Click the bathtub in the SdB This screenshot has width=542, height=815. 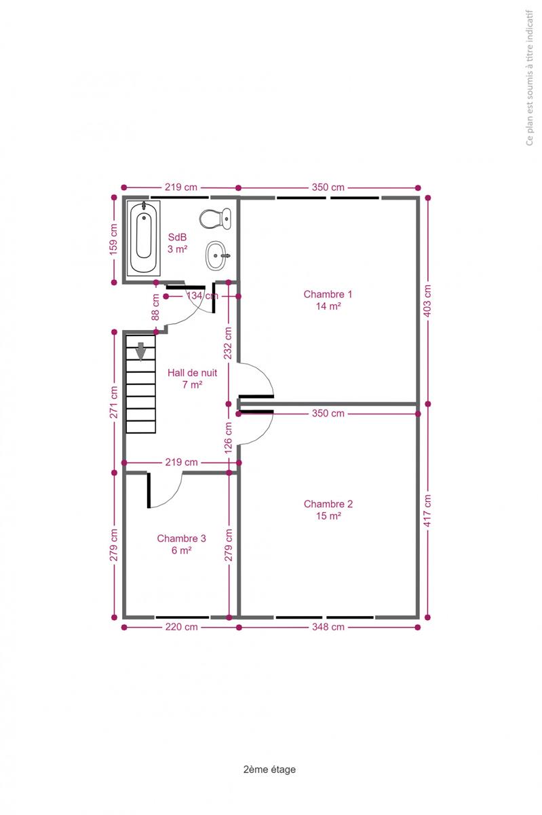click(x=144, y=238)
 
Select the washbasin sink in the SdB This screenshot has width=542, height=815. click(x=217, y=256)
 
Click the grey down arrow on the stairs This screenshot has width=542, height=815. click(x=140, y=352)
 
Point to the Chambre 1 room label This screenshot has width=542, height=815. click(x=328, y=300)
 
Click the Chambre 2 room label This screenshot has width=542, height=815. click(x=328, y=510)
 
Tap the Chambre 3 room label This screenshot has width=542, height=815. click(x=181, y=544)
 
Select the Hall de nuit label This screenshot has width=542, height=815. click(x=192, y=378)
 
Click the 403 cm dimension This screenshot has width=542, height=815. click(x=427, y=300)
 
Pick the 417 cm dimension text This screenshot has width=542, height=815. click(x=427, y=511)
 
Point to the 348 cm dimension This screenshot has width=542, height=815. click(x=328, y=627)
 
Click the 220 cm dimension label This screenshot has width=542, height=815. click(x=181, y=627)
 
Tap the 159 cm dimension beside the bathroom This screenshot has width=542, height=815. click(x=114, y=239)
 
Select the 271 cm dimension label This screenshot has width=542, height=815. click(x=114, y=402)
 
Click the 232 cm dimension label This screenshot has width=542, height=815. click(x=228, y=343)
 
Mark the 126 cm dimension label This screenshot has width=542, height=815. click(x=228, y=437)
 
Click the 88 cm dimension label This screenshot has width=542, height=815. click(x=155, y=307)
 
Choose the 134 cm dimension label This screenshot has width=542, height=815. click(x=202, y=296)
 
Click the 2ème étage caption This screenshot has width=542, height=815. click(x=269, y=769)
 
